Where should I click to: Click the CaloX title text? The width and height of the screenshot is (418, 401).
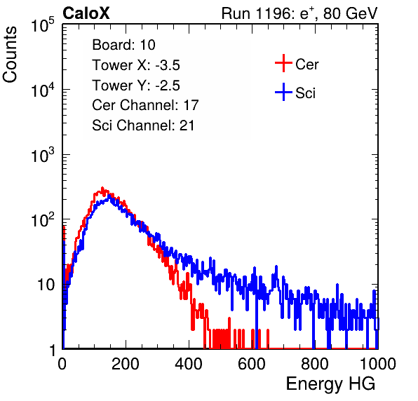(x=86, y=13)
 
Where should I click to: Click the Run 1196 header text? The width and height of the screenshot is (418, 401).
(x=299, y=13)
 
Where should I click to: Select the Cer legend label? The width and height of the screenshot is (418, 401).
(x=306, y=64)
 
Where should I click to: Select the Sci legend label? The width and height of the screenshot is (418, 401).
(x=305, y=93)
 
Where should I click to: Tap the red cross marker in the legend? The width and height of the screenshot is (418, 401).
(x=283, y=63)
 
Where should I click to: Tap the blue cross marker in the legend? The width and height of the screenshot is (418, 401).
(x=283, y=92)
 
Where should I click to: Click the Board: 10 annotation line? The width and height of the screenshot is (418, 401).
(x=123, y=45)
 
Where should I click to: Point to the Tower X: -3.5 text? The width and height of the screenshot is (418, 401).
(x=136, y=65)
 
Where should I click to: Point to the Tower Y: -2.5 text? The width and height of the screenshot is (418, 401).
(x=136, y=86)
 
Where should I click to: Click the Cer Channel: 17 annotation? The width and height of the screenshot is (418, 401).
(x=145, y=105)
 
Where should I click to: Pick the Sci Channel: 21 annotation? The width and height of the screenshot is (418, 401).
(x=143, y=125)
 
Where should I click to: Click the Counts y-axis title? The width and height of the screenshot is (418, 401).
(x=10, y=55)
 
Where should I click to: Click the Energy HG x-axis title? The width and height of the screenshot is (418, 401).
(x=330, y=384)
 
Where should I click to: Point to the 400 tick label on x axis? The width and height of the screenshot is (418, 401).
(x=189, y=364)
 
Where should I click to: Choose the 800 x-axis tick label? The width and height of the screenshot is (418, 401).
(x=315, y=364)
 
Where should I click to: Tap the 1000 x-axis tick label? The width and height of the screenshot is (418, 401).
(x=378, y=364)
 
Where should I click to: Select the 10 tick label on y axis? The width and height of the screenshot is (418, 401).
(x=46, y=285)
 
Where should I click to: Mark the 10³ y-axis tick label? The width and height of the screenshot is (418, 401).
(x=43, y=154)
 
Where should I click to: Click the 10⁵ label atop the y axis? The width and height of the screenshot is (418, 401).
(x=43, y=25)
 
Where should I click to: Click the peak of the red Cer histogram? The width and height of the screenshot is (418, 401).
(x=102, y=188)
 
